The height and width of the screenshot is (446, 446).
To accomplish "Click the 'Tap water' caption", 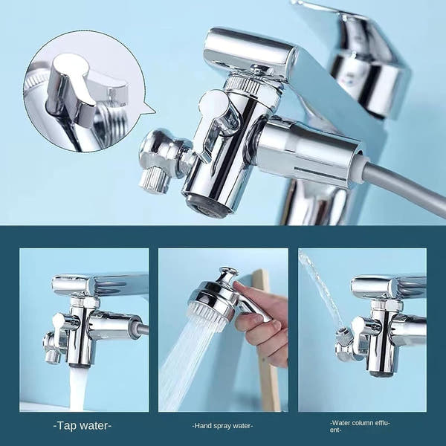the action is click(83, 425).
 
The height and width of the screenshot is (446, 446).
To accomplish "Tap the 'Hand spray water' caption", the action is click(222, 426).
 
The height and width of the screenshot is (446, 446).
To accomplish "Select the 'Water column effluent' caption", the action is click(360, 427).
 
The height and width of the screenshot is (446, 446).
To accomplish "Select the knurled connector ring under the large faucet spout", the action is click(244, 83).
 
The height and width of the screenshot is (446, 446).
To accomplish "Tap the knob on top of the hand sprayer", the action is click(228, 276).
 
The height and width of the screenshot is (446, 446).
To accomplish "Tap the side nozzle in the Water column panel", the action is click(343, 341).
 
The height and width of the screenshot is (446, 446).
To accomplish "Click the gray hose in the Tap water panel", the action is click(141, 329).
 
